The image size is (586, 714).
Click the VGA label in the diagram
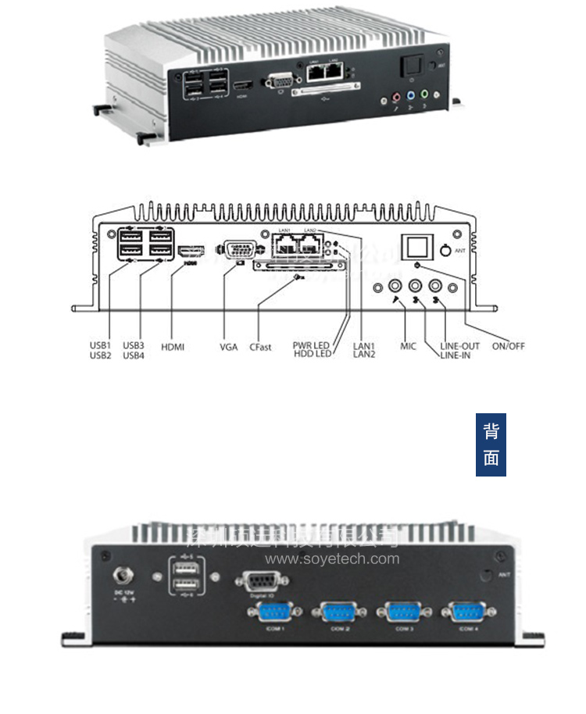228,346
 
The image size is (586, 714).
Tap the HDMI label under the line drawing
172,346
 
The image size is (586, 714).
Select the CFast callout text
260,347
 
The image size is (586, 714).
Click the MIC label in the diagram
408,345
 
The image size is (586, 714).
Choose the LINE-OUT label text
460,345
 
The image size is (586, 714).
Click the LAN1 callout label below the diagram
364,345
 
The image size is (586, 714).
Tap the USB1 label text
101,345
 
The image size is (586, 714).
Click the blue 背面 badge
491,444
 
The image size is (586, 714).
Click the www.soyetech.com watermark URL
332,559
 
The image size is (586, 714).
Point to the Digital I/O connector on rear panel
260,580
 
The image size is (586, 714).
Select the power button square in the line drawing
417,246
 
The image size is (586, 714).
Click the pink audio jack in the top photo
395,98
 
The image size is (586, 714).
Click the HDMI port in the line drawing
191,252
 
